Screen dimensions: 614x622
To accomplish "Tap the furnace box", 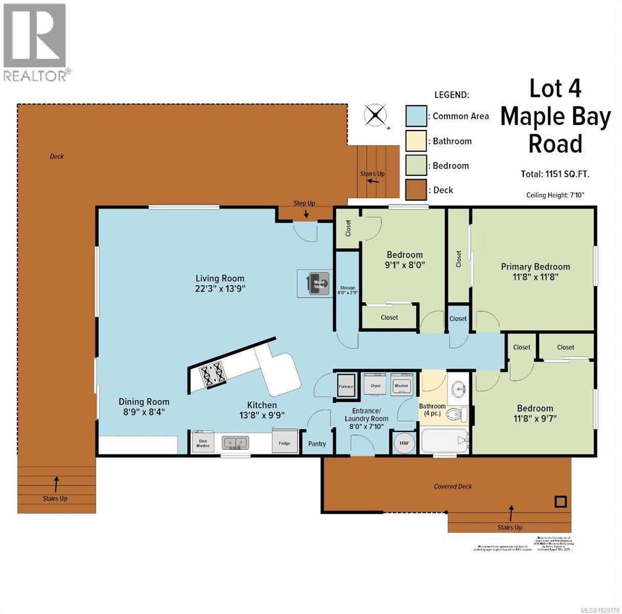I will pos(346,386).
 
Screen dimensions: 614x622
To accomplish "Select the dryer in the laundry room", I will pos(376,385).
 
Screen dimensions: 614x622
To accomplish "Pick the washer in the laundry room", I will pos(402,385).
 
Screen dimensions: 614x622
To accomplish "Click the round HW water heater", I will pos(404,443).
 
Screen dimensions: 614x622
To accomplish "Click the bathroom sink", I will pos(459,389).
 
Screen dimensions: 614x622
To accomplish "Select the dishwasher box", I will pos(203,443).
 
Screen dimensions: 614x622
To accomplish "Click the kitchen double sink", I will pos(235,442).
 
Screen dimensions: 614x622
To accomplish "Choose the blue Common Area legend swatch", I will pos(416,116).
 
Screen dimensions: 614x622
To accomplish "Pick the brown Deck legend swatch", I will pos(416,190).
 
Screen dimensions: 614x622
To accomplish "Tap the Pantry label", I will pos(317,444).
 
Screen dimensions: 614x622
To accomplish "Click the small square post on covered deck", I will pos(561,501).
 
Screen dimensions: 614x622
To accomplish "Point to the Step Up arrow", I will pos(305,214).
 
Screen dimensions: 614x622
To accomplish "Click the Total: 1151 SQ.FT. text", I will pos(555,174).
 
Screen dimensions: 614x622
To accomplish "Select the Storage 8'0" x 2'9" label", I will pos(348,291).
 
